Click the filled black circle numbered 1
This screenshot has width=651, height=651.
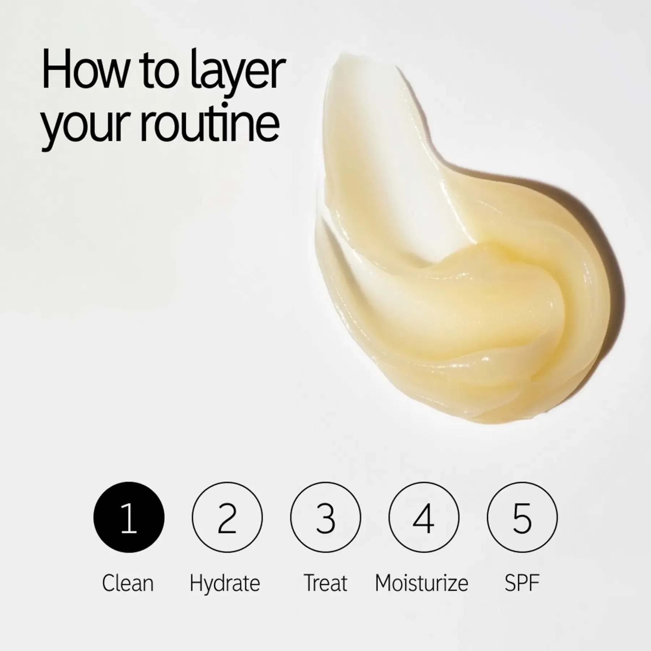pyautogui.click(x=129, y=518)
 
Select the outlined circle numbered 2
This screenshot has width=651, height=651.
pyautogui.click(x=227, y=518)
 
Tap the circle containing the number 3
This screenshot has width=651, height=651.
pyautogui.click(x=325, y=518)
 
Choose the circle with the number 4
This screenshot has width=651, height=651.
pyautogui.click(x=424, y=518)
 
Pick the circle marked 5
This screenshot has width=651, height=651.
pyautogui.click(x=522, y=518)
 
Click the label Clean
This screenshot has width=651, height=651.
pyautogui.click(x=128, y=583)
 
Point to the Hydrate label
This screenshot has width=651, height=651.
pyautogui.click(x=225, y=584)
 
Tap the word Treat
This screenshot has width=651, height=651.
pyautogui.click(x=325, y=583)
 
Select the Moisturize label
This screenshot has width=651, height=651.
pyautogui.click(x=421, y=583)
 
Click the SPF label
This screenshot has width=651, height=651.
pyautogui.click(x=522, y=583)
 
